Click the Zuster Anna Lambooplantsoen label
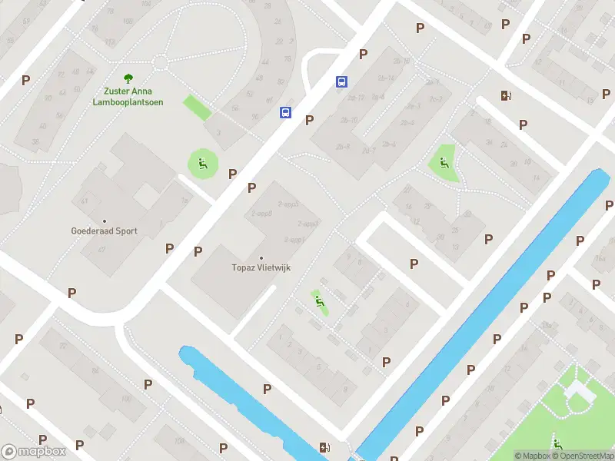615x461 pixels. (x=128, y=97)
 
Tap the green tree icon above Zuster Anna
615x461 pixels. (x=128, y=78)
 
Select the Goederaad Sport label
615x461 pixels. (x=104, y=230)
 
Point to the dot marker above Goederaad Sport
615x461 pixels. (x=104, y=221)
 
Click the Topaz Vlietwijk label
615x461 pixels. (x=261, y=267)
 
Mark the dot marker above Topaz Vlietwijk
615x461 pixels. (x=261, y=257)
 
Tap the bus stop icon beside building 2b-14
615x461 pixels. (x=341, y=81)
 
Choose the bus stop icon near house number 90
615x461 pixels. (x=285, y=112)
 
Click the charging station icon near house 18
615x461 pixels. (x=506, y=96)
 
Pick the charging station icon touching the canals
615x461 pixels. (x=326, y=448)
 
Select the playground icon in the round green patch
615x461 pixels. (x=202, y=162)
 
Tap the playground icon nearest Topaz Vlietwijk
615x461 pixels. (x=319, y=300)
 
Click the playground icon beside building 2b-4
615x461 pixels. (x=443, y=162)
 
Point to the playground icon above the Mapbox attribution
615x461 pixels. (x=557, y=444)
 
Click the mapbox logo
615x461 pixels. (x=32, y=451)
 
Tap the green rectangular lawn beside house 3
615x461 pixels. (x=197, y=108)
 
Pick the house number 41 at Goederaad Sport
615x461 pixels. (x=83, y=201)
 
